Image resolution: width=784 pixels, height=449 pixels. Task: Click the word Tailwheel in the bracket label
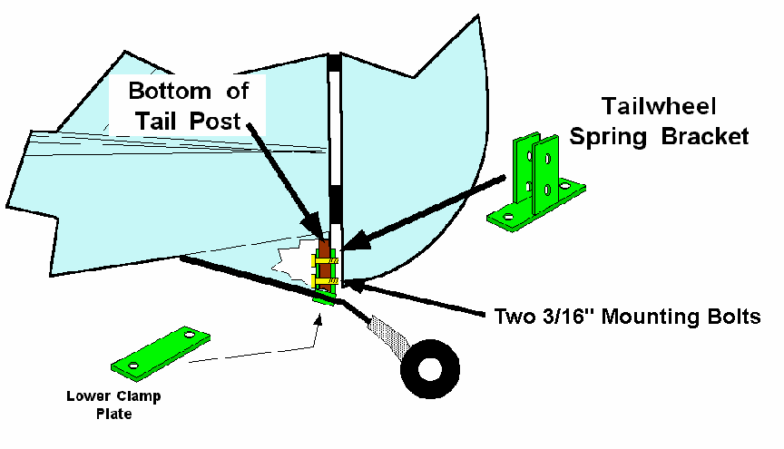coord(659,106)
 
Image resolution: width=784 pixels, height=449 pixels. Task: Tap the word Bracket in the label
coord(705,136)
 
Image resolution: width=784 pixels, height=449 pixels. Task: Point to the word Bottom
coord(170,91)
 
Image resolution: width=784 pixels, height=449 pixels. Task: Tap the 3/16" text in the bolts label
coord(570,316)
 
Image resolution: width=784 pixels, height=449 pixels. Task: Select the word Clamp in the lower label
coord(138,397)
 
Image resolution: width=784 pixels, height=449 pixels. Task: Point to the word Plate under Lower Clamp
coord(114,414)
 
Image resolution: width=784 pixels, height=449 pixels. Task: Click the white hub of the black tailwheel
coord(429,369)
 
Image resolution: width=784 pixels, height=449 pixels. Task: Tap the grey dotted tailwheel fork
coord(389,336)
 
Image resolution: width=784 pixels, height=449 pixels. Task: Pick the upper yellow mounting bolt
coord(325,260)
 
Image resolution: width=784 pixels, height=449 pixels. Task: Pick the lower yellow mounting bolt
coord(325,281)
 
